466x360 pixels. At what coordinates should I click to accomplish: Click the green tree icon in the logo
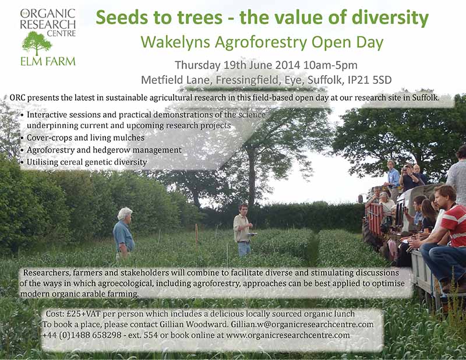pyautogui.click(x=37, y=43)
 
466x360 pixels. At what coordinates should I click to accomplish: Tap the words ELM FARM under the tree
pyautogui.click(x=48, y=62)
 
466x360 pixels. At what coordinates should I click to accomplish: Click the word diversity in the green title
pyautogui.click(x=390, y=18)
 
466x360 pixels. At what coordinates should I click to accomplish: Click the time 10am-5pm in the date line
pyautogui.click(x=330, y=65)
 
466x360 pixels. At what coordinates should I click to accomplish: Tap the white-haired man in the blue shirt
pyautogui.click(x=123, y=233)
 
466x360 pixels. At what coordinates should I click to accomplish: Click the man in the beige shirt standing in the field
pyautogui.click(x=242, y=230)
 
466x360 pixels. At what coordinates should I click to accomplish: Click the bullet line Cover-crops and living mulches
pyautogui.click(x=86, y=137)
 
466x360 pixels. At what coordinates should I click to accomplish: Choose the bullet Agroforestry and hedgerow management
pyautogui.click(x=104, y=150)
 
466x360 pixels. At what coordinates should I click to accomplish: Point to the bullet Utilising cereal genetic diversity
pyautogui.click(x=87, y=163)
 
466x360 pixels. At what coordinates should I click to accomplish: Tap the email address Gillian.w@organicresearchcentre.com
pyautogui.click(x=302, y=324)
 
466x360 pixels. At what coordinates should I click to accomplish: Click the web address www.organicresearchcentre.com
pyautogui.click(x=288, y=336)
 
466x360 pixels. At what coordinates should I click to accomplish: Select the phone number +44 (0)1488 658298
pyautogui.click(x=82, y=336)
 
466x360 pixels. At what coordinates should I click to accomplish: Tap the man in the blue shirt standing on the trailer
pyautogui.click(x=394, y=177)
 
